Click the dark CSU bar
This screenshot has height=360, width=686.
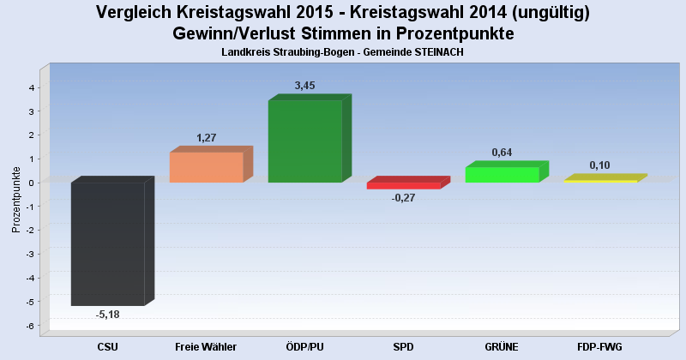click(107, 243)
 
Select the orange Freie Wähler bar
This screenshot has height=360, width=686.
click(206, 167)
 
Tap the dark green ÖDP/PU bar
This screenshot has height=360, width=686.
click(304, 141)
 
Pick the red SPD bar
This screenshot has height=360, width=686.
click(403, 185)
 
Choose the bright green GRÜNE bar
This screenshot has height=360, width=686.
click(502, 175)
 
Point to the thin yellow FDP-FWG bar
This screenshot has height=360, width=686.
click(600, 181)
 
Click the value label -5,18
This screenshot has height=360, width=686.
click(108, 315)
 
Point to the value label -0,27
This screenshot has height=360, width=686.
click(403, 198)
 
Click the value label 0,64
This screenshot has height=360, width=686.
click(502, 153)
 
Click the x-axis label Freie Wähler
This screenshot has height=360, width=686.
click(206, 346)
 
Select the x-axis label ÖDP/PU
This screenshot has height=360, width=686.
click(304, 346)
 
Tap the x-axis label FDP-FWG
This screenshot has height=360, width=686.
click(600, 346)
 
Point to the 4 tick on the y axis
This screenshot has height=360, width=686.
click(30, 87)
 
